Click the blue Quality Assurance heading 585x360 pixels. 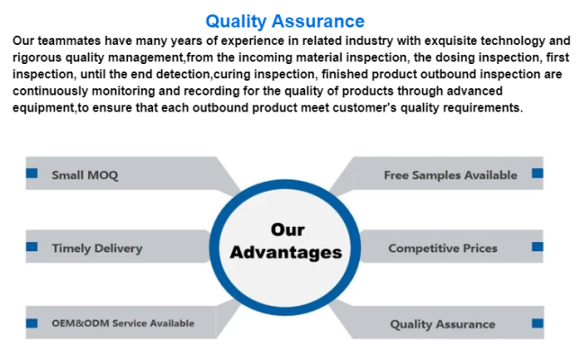(x=285, y=22)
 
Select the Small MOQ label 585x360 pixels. (x=85, y=175)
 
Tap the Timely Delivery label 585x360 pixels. (x=97, y=248)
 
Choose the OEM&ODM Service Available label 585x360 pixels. (x=122, y=323)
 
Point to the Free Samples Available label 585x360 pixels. (x=451, y=175)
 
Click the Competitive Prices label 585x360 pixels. (x=443, y=248)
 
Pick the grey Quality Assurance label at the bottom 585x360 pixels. (x=443, y=324)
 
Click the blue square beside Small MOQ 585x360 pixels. (x=31, y=173)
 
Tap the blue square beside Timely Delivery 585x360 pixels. (x=31, y=247)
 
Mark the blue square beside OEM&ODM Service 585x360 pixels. (x=31, y=323)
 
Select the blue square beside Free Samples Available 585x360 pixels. (x=537, y=173)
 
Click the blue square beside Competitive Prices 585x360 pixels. (x=537, y=247)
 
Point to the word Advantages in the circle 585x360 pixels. (x=286, y=253)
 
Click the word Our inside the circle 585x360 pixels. (x=288, y=229)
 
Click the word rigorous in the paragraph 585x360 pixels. (x=37, y=58)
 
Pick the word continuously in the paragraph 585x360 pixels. (x=50, y=91)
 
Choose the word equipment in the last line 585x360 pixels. (x=44, y=108)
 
